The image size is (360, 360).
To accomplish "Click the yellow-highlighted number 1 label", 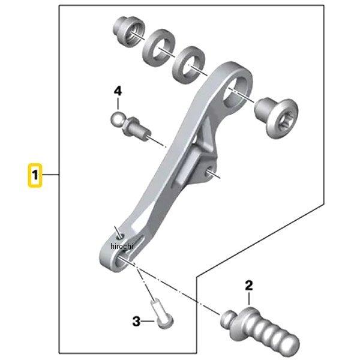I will click(36, 176).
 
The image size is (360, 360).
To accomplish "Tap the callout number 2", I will click(249, 285).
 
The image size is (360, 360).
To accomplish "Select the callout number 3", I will click(136, 322).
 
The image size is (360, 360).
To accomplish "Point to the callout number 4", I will click(118, 91).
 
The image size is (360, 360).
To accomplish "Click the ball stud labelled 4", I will click(130, 124).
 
